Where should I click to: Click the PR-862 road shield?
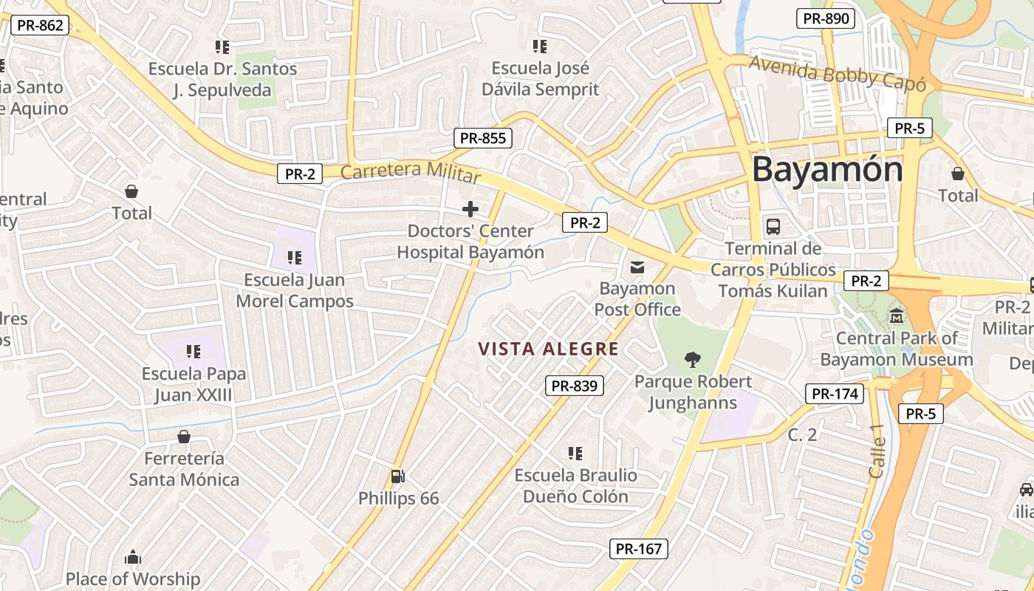point(40,25)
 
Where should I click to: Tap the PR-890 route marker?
point(826,18)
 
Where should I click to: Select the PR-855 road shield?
point(483,137)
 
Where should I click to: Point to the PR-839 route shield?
point(575,385)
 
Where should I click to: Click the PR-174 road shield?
point(835,394)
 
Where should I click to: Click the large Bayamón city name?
point(827,170)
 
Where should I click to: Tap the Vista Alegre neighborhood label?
point(548,349)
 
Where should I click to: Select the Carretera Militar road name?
point(411,172)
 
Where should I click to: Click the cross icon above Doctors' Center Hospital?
point(470,209)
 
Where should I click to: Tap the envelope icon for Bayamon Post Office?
point(637,267)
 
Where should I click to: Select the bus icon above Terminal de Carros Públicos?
point(773,226)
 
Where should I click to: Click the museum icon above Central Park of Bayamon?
point(897,315)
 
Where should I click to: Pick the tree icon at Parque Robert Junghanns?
point(693,360)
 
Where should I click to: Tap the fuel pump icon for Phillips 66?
point(397,476)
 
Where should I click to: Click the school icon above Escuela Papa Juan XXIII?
point(194,351)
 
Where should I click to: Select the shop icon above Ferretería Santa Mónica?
point(184,437)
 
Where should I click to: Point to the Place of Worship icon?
point(133,557)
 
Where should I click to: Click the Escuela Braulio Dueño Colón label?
point(575,485)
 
